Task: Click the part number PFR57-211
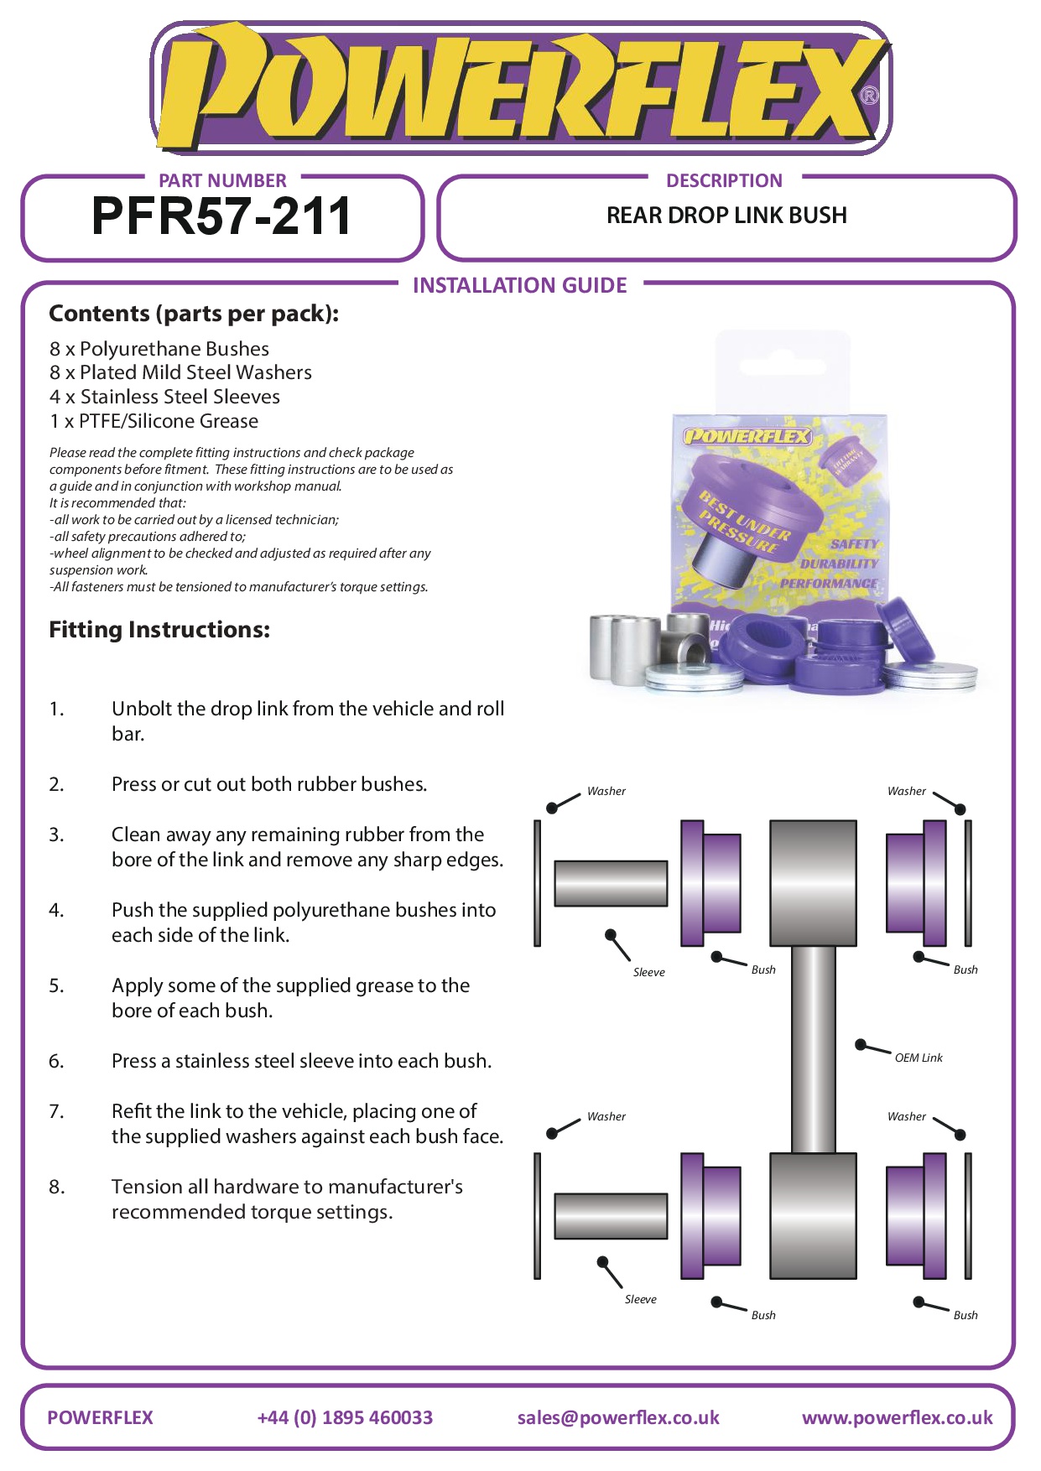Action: (x=221, y=216)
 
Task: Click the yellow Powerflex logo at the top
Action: (x=520, y=88)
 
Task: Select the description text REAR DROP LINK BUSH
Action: (x=726, y=216)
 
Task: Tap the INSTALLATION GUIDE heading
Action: (x=520, y=285)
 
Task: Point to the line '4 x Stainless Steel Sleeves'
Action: (x=164, y=397)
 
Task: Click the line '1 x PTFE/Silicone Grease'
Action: (x=154, y=421)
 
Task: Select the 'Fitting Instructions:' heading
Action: (x=159, y=630)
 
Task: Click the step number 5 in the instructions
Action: (x=56, y=985)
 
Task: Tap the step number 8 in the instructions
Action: (x=56, y=1187)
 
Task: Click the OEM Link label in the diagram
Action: (x=919, y=1058)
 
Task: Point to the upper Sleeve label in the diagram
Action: (x=649, y=972)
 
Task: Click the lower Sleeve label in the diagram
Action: (x=641, y=1299)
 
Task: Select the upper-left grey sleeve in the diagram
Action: (x=611, y=883)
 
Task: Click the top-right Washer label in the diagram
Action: (x=907, y=791)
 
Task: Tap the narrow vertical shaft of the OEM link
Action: (x=813, y=1049)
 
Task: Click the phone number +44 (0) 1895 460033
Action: (x=345, y=1417)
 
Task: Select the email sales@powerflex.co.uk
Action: (x=618, y=1417)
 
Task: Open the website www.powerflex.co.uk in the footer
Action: (x=898, y=1417)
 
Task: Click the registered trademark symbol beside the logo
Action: (x=870, y=96)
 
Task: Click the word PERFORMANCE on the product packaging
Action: (x=829, y=583)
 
